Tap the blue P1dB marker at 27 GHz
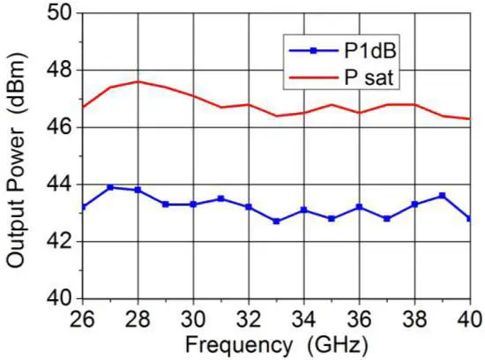pos(110,187)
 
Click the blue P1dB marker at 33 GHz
pos(276,221)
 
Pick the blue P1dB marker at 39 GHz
pos(442,196)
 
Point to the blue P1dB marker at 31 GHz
pos(220,199)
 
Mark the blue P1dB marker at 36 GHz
pos(359,207)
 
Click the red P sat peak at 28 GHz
pos(138,81)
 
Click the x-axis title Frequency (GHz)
pos(275,342)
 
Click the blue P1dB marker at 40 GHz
pos(469,219)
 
